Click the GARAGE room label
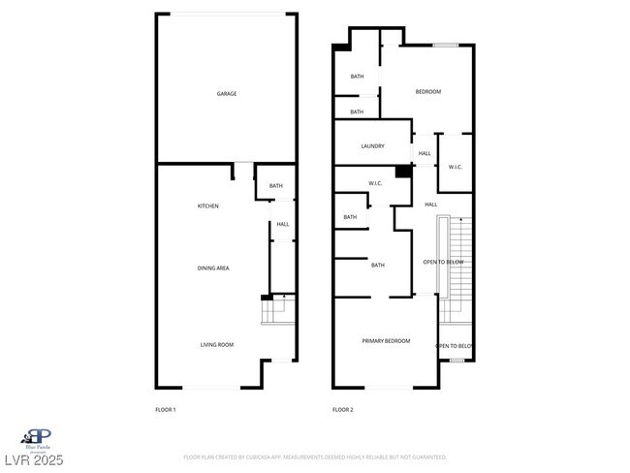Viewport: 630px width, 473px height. (x=227, y=94)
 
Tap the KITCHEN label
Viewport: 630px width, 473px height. (x=208, y=206)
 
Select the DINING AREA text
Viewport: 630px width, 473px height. (x=213, y=268)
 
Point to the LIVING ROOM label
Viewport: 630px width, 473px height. (x=216, y=345)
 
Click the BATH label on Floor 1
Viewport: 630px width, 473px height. (x=276, y=186)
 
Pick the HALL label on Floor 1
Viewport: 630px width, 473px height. (x=283, y=225)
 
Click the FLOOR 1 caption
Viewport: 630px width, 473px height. (x=166, y=410)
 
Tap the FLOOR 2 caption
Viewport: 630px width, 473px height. (x=343, y=410)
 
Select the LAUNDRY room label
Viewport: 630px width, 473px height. (x=373, y=146)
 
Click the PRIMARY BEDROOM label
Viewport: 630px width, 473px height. (x=386, y=341)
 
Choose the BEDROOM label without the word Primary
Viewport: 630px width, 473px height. (x=427, y=92)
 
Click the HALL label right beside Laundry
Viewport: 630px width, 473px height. (x=425, y=153)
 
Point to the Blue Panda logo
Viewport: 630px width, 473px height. (x=38, y=439)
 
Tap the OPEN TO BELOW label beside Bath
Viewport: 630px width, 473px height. (x=444, y=263)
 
